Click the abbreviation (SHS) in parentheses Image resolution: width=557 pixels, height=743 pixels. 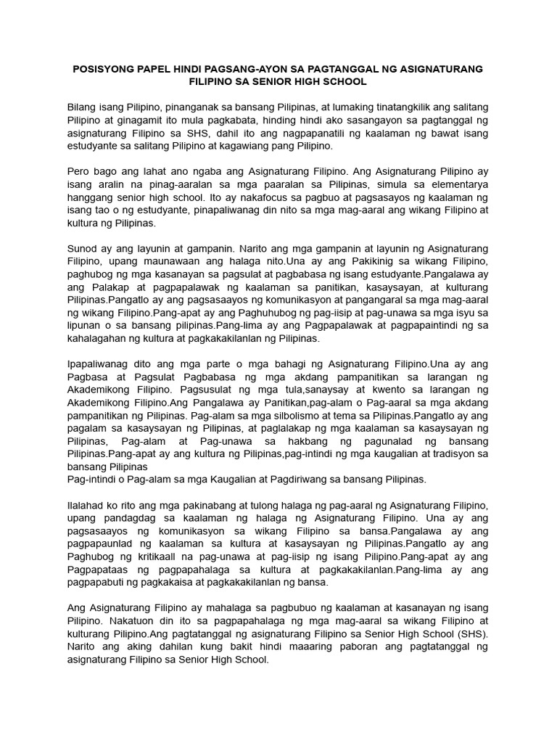click(x=472, y=633)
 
